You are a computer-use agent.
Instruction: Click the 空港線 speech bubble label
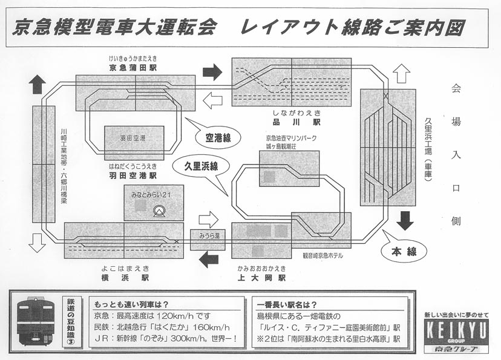218,138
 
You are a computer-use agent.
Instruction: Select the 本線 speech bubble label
404,251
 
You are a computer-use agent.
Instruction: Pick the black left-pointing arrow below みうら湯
208,260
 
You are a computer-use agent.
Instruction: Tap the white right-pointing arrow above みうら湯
208,218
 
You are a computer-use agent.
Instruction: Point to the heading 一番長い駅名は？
287,305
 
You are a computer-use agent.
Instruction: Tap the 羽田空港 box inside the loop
134,139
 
